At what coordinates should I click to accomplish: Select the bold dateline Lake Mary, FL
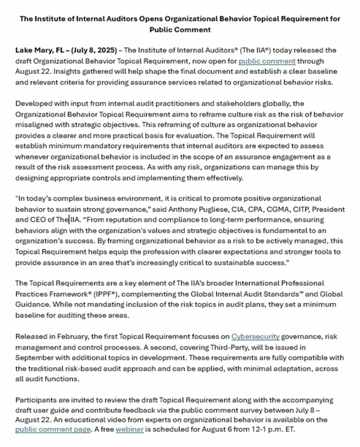42,50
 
